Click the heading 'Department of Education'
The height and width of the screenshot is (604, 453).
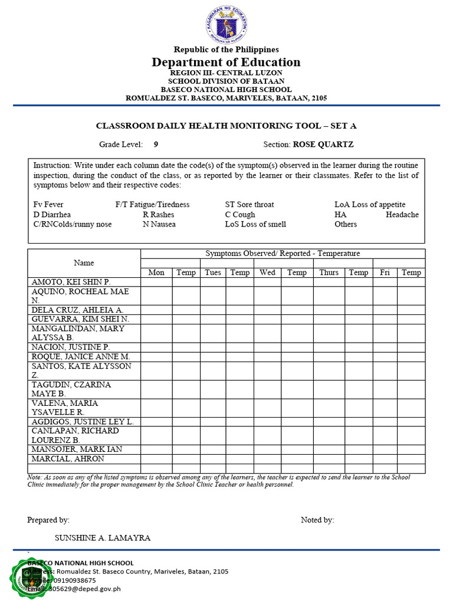point(226,63)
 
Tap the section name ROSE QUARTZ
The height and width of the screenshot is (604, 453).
point(323,144)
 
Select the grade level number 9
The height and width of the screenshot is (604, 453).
point(156,144)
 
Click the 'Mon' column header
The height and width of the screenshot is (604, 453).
point(156,273)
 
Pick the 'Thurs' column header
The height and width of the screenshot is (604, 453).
point(329,273)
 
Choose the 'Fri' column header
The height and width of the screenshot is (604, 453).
point(385,273)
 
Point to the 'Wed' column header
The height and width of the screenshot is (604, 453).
point(267,273)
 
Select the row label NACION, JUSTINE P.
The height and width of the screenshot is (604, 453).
point(71,347)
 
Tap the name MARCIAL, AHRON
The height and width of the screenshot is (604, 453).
point(68,459)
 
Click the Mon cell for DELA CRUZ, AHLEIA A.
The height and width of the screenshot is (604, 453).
point(156,310)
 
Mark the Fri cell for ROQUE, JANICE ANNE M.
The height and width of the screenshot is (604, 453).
point(385,357)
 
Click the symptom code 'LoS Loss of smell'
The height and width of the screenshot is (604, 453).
point(255,224)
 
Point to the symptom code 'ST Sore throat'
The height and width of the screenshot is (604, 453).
point(250,205)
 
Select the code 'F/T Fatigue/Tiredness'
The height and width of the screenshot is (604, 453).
point(153,205)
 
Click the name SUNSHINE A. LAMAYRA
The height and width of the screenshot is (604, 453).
point(103,538)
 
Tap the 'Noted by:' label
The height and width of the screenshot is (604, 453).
point(317,520)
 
